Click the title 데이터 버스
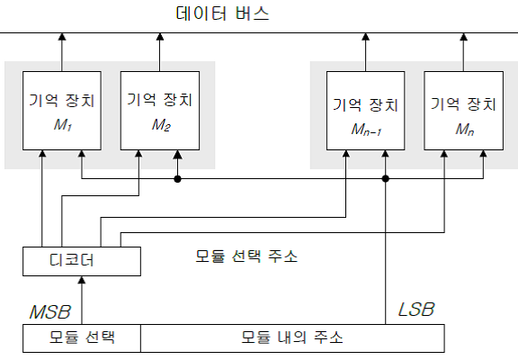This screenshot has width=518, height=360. coord(223,13)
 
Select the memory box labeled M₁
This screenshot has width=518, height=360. coord(62,111)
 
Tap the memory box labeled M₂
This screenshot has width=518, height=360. coord(160,111)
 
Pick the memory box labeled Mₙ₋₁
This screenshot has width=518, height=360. coord(366,111)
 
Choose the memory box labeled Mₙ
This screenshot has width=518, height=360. coord(464,111)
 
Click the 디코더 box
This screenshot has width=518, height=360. coord(82,261)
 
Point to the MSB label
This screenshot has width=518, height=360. coord(50,311)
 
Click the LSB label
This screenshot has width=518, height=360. coord(416,310)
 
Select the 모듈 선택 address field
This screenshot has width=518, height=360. coord(82,338)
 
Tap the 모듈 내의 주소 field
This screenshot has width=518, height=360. coord(292,338)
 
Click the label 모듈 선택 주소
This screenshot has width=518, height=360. coord(246,256)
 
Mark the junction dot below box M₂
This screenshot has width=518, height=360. coord(177,179)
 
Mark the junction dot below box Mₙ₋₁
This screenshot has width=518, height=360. coord(385,179)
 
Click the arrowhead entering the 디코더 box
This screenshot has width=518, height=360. coord(82,280)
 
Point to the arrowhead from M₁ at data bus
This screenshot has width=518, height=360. coord(62,36)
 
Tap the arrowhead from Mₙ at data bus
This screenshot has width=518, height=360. coord(464,36)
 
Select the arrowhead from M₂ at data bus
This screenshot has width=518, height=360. coord(160,36)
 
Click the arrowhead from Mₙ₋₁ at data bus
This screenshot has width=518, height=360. coord(366,36)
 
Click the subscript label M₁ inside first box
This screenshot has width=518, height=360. coord(63,125)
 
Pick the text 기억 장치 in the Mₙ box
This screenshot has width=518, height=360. coord(463,104)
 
